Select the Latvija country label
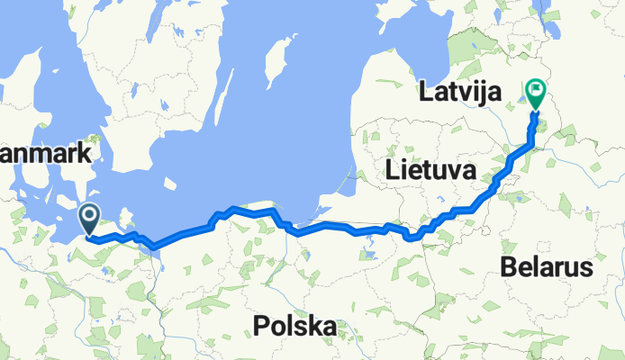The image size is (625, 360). point(460,92)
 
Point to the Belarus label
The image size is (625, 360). point(548,267)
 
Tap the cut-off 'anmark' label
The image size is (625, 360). point(46,154)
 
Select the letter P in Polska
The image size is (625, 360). point(261,325)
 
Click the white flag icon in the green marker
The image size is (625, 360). point(536,89)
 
